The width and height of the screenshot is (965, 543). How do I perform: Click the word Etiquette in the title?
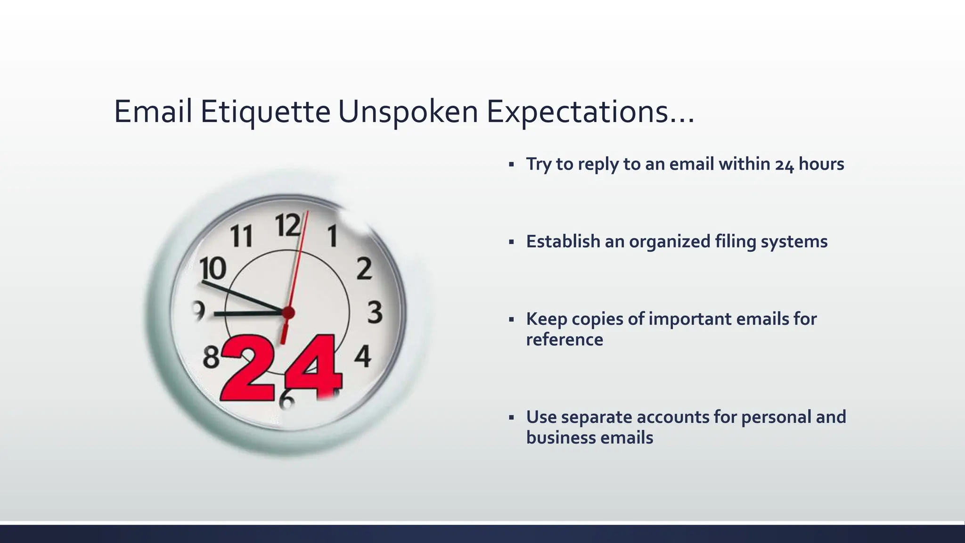pos(265,112)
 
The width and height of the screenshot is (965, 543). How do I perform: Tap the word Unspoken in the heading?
pos(408,112)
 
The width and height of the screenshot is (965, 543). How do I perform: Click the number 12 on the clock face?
pos(287,225)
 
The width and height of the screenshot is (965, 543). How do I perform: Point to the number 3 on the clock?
pos(375,313)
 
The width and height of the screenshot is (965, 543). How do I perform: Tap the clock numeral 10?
pos(213,269)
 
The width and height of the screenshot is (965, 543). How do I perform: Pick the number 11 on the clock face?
pos(242,236)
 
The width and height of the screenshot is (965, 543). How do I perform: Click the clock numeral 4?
pos(362,356)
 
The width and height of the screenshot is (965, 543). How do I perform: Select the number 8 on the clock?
pos(212,357)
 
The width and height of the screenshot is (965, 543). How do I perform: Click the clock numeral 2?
pos(364,269)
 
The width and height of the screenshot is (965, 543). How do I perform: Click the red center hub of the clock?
pos(288,313)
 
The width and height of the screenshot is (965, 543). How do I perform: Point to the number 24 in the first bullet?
pos(785,165)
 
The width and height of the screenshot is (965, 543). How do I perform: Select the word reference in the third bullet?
pos(564,340)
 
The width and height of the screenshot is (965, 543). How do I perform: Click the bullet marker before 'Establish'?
pos(511,242)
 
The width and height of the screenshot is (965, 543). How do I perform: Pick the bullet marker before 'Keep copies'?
pos(511,320)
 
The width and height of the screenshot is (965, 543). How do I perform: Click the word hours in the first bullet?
pos(821,164)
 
